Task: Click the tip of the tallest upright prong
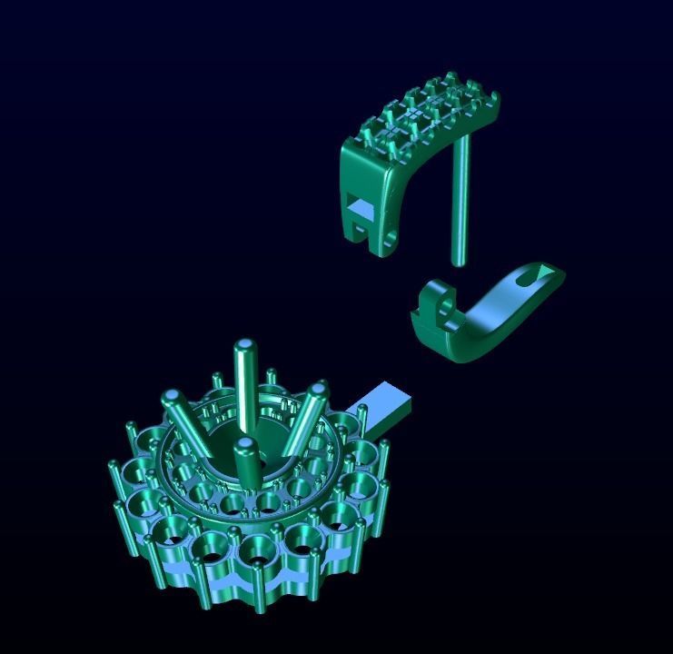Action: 244,346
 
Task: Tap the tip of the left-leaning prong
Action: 171,398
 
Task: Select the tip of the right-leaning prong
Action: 318,391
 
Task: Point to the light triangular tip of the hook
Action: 547,271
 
